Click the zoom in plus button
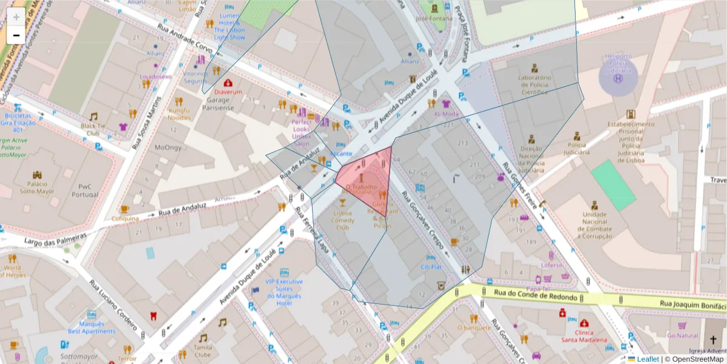click(x=16, y=16)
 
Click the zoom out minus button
click(x=16, y=35)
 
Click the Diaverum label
click(x=228, y=92)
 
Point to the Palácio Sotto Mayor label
click(x=37, y=187)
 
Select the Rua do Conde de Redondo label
click(x=535, y=295)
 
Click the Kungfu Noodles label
click(x=179, y=113)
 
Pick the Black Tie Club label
click(x=93, y=129)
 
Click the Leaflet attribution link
click(x=648, y=359)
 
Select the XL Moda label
click(x=446, y=113)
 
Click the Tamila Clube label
click(x=202, y=351)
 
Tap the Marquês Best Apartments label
click(x=91, y=328)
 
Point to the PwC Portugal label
click(x=84, y=190)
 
